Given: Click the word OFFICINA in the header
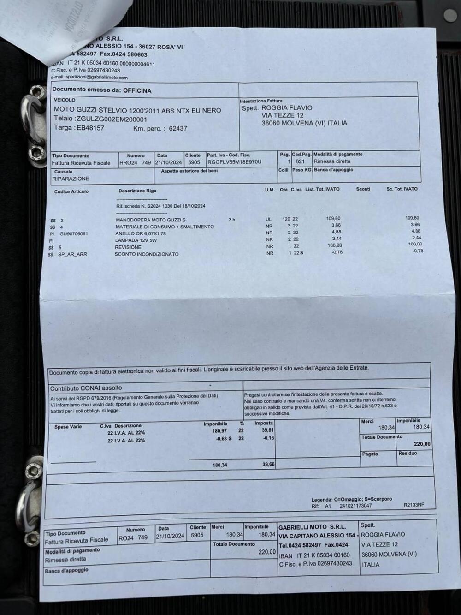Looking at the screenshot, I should (x=137, y=90).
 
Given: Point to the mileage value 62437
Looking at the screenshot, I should (x=178, y=128).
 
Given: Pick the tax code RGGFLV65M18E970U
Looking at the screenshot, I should (x=234, y=162).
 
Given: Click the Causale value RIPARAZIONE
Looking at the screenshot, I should (x=71, y=179).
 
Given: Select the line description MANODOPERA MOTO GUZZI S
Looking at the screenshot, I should (x=151, y=220).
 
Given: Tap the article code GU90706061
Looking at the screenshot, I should (x=74, y=233).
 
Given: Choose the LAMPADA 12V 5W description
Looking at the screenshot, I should (x=136, y=240).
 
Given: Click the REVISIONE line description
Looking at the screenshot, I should (x=128, y=247).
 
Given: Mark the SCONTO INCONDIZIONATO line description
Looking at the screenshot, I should (x=147, y=254).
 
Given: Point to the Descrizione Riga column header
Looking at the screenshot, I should (x=137, y=191).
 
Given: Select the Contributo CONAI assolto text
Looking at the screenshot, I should (x=86, y=388).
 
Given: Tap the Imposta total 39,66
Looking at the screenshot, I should (x=269, y=465).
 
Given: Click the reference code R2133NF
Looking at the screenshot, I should (x=414, y=505).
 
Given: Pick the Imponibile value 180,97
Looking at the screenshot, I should (x=219, y=430).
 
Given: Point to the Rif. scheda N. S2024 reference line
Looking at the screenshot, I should (x=161, y=206).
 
